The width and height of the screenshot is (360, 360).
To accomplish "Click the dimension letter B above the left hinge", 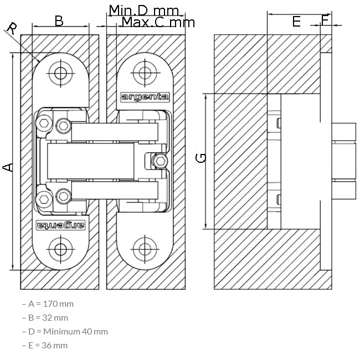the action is tap(59, 21).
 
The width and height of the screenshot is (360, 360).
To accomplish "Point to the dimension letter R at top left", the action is tap(12, 28).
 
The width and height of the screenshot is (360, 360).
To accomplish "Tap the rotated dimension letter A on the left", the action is tap(8, 167).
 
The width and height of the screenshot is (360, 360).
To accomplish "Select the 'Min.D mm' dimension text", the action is tap(144, 11).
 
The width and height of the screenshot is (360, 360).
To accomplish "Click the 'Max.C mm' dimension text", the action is tap(158, 22).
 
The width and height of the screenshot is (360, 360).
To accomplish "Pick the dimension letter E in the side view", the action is tap(296, 22).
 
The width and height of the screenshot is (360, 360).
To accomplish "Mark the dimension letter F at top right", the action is tap(325, 20).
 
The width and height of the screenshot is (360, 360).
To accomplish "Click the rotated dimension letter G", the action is tap(200, 158).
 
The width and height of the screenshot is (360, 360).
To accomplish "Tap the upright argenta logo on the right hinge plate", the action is tap(145, 97).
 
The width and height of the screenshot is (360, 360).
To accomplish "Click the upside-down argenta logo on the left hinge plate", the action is tap(60, 225).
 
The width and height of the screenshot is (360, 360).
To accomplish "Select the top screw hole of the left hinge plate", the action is tap(60, 74).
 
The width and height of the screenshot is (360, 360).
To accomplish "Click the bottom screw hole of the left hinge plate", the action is tap(60, 249).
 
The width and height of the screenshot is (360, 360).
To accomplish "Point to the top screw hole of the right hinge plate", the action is tap(145, 73).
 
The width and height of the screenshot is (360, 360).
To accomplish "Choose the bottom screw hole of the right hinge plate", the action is tap(145, 249).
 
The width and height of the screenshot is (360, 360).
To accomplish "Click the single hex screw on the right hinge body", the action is tap(160, 161).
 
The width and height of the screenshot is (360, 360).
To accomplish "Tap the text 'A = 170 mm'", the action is tap(48, 304).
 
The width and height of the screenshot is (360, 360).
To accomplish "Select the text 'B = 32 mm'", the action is tap(45, 318).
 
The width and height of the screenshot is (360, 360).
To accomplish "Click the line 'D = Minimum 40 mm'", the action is tap(65, 332).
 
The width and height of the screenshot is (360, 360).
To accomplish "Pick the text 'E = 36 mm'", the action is tap(45, 345).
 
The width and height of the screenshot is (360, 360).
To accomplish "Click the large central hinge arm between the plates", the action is tap(90, 161).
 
